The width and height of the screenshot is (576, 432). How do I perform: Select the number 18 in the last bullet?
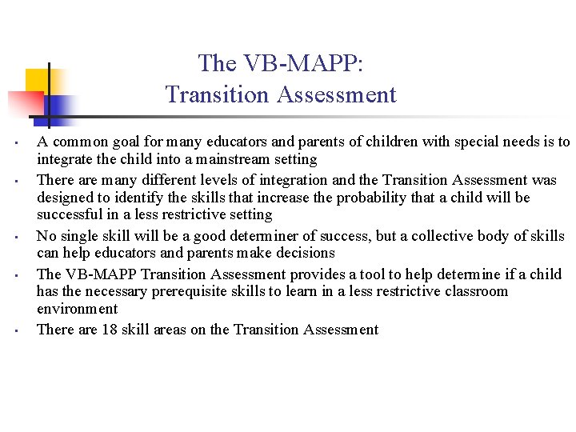click(x=110, y=330)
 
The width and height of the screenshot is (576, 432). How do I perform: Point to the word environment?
click(x=77, y=309)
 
